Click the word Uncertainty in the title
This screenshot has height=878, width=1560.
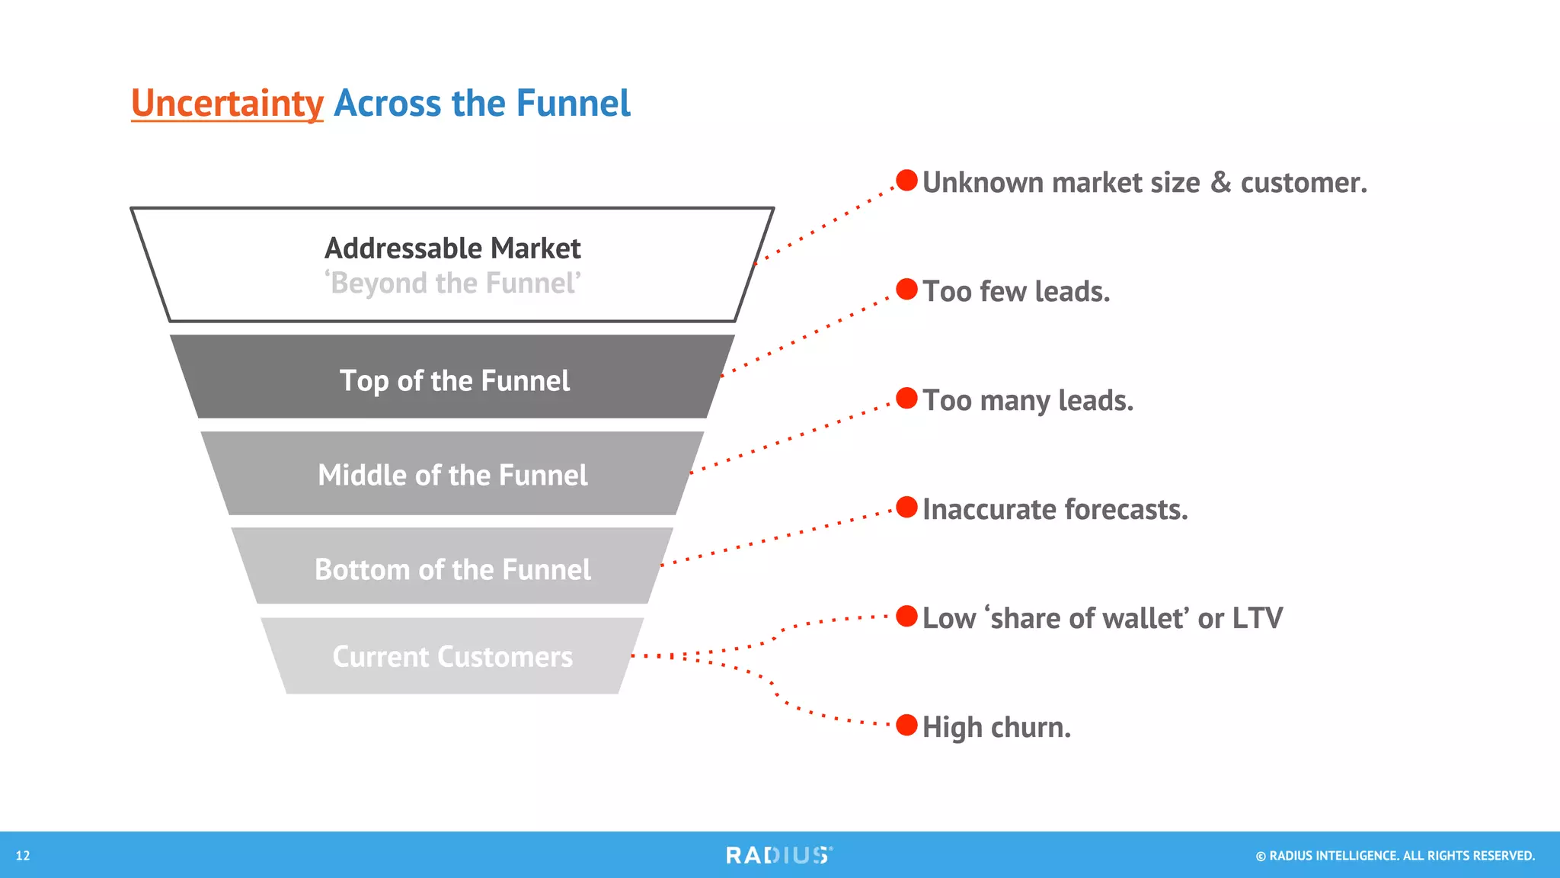click(227, 104)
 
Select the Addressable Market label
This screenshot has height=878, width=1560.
click(452, 248)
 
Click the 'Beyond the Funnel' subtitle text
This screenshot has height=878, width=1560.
click(452, 284)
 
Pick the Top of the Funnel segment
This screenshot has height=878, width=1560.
click(454, 380)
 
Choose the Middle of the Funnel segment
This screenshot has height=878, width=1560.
click(452, 475)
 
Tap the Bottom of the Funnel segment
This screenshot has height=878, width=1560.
click(452, 569)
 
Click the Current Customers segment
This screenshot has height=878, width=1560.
click(452, 656)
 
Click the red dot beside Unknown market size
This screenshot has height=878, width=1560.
click(906, 181)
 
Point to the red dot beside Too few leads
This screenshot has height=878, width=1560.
click(906, 290)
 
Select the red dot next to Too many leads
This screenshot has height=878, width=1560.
click(906, 399)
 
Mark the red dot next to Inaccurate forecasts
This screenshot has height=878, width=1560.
click(906, 508)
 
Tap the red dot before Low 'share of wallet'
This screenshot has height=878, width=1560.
click(906, 617)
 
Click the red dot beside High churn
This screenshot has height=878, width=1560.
click(906, 726)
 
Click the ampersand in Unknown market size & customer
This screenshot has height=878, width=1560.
click(1220, 183)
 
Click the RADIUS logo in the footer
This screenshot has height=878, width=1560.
click(778, 855)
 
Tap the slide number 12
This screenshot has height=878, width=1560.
click(23, 856)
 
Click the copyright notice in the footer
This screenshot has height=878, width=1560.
click(1395, 856)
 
